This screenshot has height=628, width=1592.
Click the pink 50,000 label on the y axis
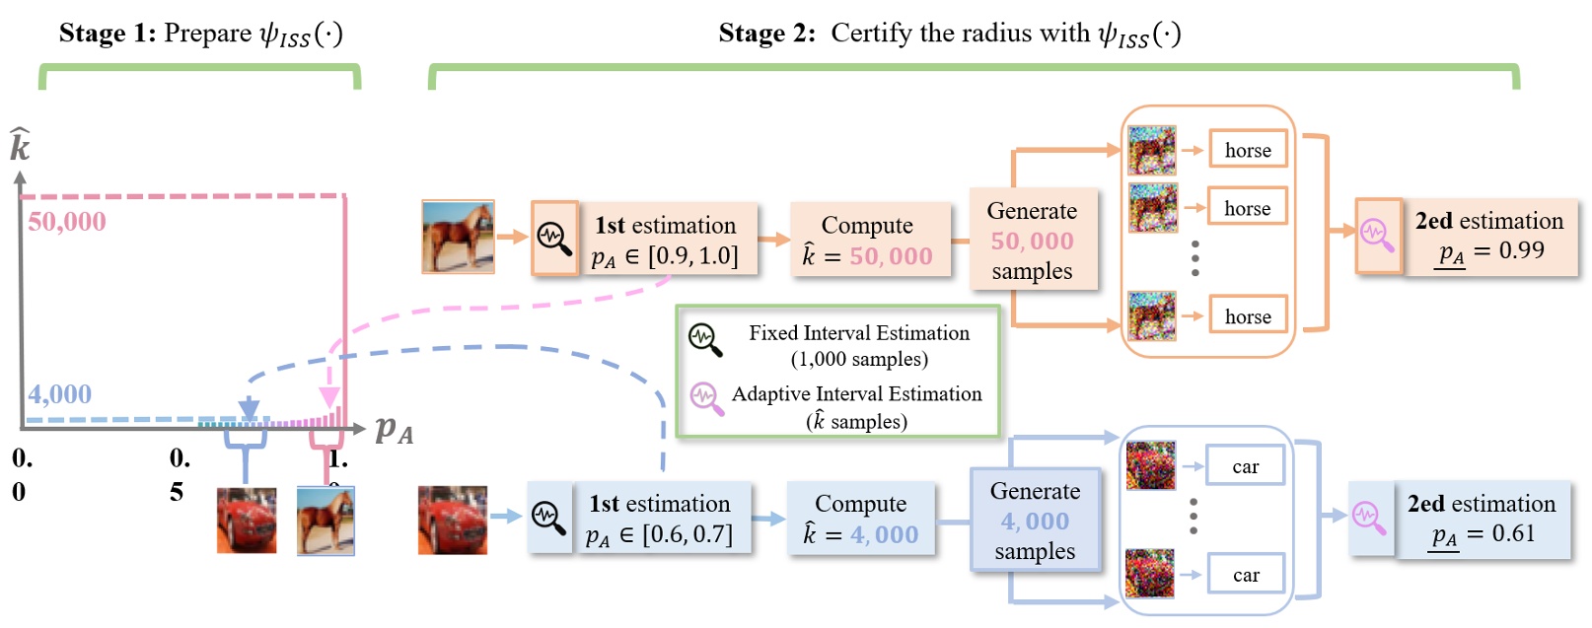coord(66,222)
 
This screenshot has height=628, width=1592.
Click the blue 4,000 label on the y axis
coord(59,394)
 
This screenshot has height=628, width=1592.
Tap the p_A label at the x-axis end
coord(394,430)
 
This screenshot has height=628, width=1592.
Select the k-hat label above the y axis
coord(20,146)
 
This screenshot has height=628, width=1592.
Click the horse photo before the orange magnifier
coord(458,237)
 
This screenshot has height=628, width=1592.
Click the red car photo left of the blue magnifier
coord(453,520)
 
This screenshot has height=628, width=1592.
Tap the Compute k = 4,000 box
coord(861,520)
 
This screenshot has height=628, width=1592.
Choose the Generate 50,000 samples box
coord(1033,241)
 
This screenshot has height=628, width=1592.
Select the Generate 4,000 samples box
coord(1035,521)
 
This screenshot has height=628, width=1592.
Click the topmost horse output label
coord(1248,150)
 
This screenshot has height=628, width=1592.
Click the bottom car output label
coord(1246,575)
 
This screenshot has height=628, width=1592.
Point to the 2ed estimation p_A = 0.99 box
coord(1489,237)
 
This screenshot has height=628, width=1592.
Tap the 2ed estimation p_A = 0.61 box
coord(1482,520)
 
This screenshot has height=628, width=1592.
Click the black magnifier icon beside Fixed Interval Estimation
coord(704,339)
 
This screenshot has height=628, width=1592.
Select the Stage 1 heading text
coord(200,35)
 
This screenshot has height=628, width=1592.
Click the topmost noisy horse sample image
coord(1152,150)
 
